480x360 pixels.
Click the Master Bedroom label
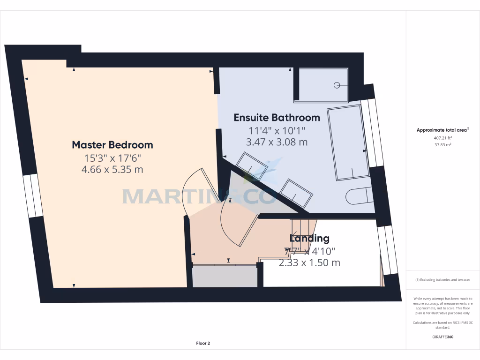click(x=112, y=145)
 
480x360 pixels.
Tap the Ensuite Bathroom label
click(x=277, y=118)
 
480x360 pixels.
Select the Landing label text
click(x=309, y=239)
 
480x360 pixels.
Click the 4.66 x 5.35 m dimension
click(x=112, y=170)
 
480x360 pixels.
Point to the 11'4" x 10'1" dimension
click(x=277, y=130)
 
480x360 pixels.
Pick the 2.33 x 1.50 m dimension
click(x=309, y=263)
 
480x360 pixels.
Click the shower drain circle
click(x=337, y=85)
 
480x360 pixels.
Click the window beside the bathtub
click(x=375, y=133)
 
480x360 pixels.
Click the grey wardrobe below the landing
click(x=225, y=276)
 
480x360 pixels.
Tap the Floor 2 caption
click(x=203, y=343)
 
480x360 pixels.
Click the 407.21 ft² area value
click(x=442, y=138)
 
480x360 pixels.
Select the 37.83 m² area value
click(x=442, y=145)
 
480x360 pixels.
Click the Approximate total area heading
click(x=442, y=130)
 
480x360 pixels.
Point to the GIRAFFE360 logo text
click(x=442, y=337)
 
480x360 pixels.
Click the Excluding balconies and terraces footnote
click(x=442, y=280)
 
